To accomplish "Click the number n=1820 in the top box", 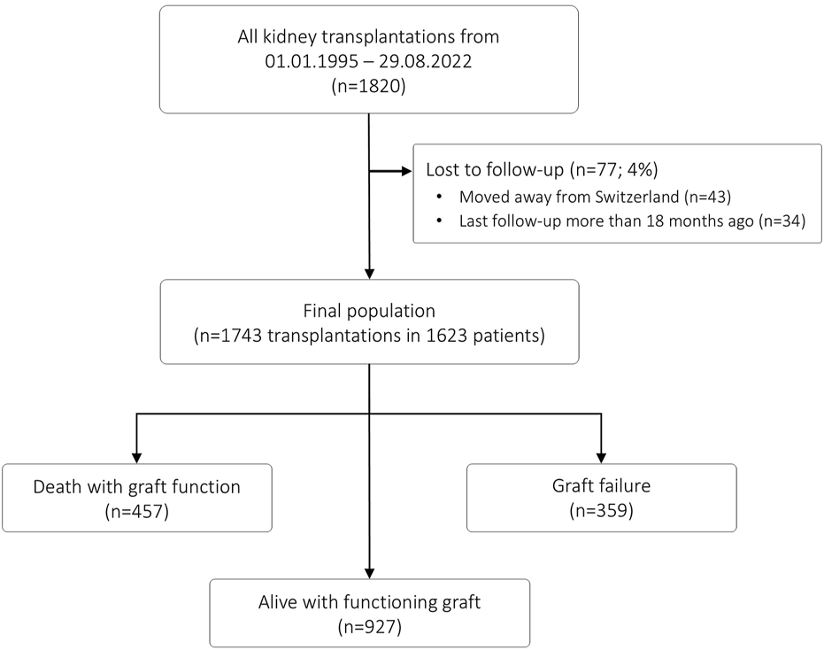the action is tap(368, 86).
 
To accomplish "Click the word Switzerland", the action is tap(637, 197).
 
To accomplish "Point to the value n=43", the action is tap(707, 197).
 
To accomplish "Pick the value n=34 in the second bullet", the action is tap(782, 221).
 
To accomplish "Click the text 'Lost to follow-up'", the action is tap(495, 169).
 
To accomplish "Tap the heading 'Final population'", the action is tap(369, 311).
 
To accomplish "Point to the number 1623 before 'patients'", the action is tap(447, 336).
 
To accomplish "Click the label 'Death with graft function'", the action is tap(136, 487).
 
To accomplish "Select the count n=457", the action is tap(136, 511).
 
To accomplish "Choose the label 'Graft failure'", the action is tap(601, 485).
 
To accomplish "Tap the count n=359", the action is tap(601, 510).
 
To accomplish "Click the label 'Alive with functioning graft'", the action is tap(369, 602).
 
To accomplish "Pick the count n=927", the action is tap(369, 627).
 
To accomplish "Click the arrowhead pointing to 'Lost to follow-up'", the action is tap(407, 171).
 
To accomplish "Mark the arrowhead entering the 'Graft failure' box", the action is tap(601, 458).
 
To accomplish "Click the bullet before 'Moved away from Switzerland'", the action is tap(439, 197).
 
